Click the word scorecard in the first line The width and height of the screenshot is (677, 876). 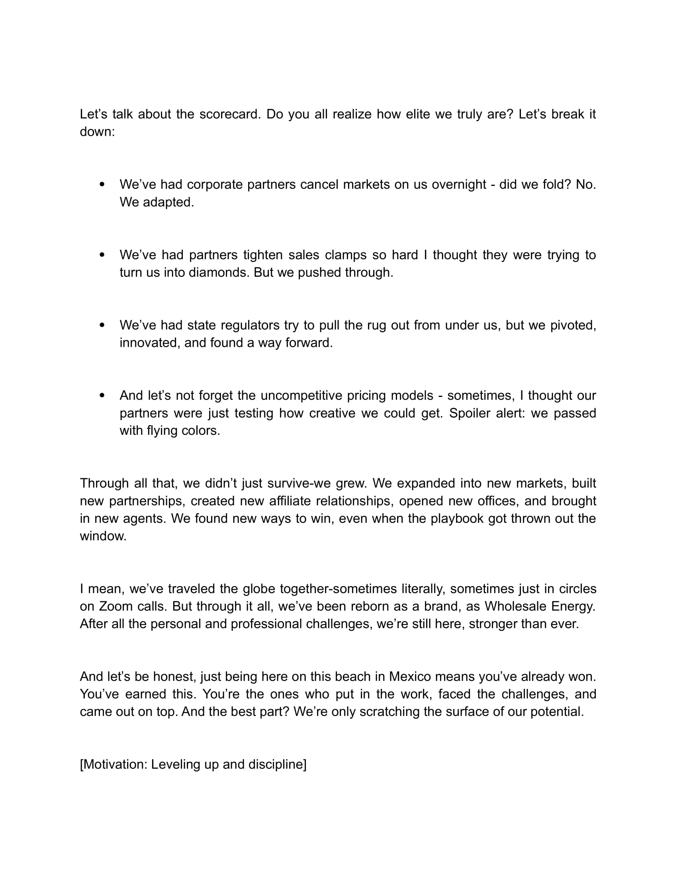point(230,114)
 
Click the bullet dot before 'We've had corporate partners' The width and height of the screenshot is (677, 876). point(102,184)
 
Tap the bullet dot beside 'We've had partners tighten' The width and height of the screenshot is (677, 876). point(102,255)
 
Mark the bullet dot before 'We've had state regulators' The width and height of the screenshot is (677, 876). point(102,325)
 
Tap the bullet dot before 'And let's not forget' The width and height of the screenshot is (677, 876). point(102,396)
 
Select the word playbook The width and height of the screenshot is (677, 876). point(457,518)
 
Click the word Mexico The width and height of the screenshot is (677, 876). point(410,677)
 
